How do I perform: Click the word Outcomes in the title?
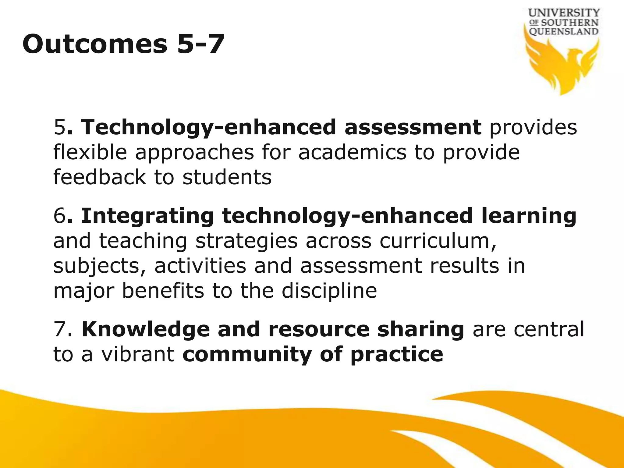coord(95,44)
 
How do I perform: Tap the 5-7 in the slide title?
coord(201,44)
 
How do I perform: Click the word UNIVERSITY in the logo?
coord(564,13)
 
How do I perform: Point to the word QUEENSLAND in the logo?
coord(564,31)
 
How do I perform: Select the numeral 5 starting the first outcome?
coord(59,127)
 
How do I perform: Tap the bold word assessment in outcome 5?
coord(413,127)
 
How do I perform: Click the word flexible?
coord(90,152)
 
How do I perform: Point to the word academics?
coord(352,152)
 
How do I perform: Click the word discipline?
coord(329,291)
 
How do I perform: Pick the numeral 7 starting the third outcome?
coord(59,330)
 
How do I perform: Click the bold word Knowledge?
coord(146,330)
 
